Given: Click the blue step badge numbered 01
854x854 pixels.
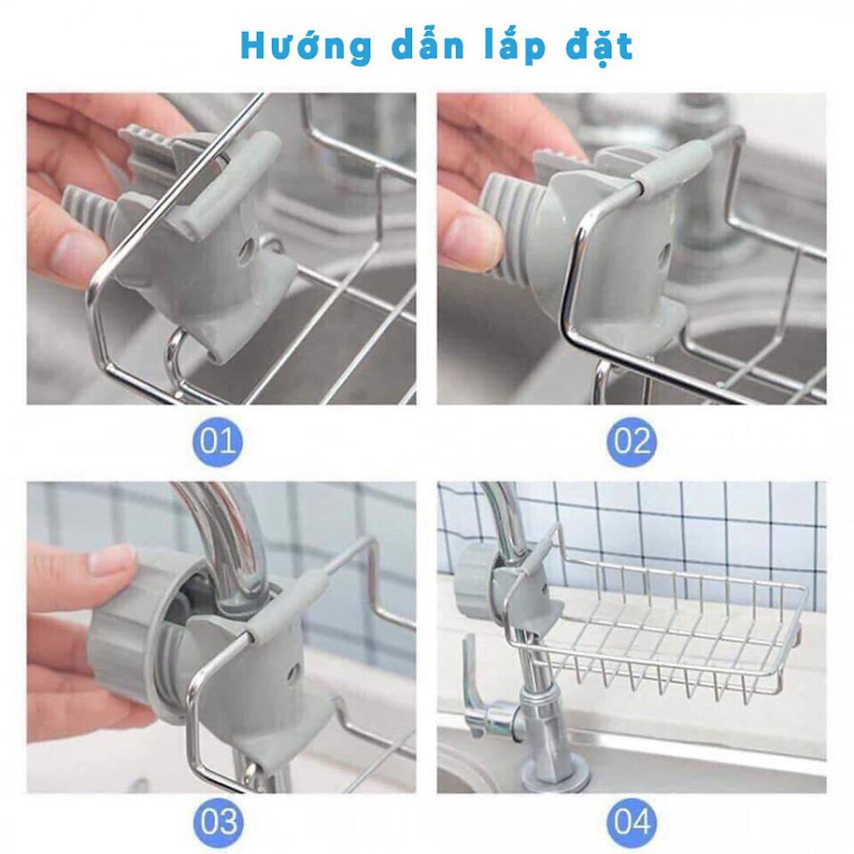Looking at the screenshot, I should (x=218, y=440).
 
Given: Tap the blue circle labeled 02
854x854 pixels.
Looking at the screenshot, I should (x=631, y=440).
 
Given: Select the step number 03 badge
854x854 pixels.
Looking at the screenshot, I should (x=218, y=821).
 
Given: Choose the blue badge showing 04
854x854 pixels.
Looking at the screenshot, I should (x=631, y=821).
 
